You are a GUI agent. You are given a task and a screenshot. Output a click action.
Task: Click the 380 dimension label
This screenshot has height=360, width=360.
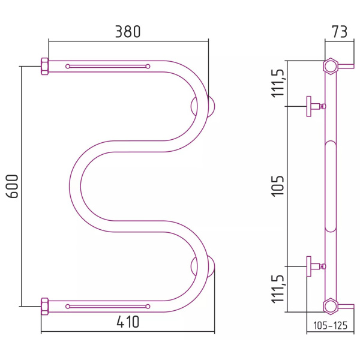(x=128, y=32)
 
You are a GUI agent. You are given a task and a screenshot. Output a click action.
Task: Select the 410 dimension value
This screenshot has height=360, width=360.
(x=128, y=322)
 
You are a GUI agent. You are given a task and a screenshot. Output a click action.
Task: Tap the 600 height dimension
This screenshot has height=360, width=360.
(x=12, y=186)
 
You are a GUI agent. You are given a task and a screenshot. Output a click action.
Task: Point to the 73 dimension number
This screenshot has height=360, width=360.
(x=340, y=32)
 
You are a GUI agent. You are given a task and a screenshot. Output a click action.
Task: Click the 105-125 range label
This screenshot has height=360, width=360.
(x=331, y=325)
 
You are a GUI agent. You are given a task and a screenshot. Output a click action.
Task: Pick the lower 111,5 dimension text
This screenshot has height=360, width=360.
(x=278, y=289)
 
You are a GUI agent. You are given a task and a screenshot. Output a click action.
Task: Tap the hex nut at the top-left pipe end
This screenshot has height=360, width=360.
(x=44, y=67)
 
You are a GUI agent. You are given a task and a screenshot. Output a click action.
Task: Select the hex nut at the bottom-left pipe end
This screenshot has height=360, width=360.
(x=44, y=306)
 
